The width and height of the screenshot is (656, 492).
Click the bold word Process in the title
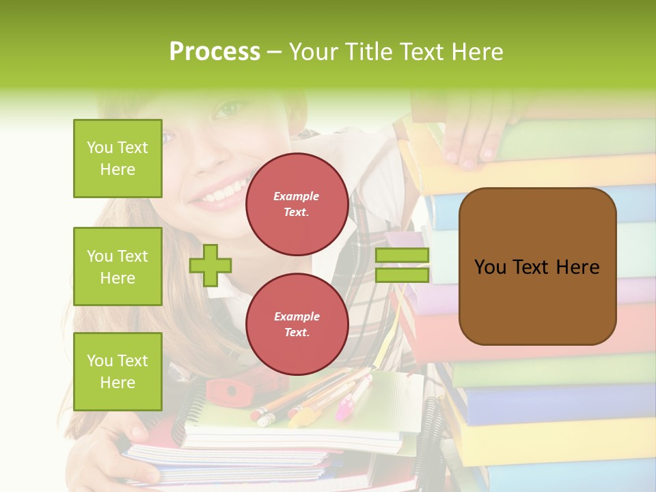click(215, 52)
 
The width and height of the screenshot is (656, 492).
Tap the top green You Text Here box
click(118, 159)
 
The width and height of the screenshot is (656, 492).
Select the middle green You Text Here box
click(118, 266)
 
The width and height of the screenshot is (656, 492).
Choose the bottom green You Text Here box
click(118, 371)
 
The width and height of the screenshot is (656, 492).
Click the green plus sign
click(210, 265)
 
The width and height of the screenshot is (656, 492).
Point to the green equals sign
click(402, 265)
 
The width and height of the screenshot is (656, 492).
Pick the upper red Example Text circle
click(297, 204)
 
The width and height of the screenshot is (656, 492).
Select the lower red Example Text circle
click(297, 325)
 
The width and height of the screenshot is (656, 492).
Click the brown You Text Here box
click(537, 266)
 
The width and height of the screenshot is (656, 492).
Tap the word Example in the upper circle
click(297, 196)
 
